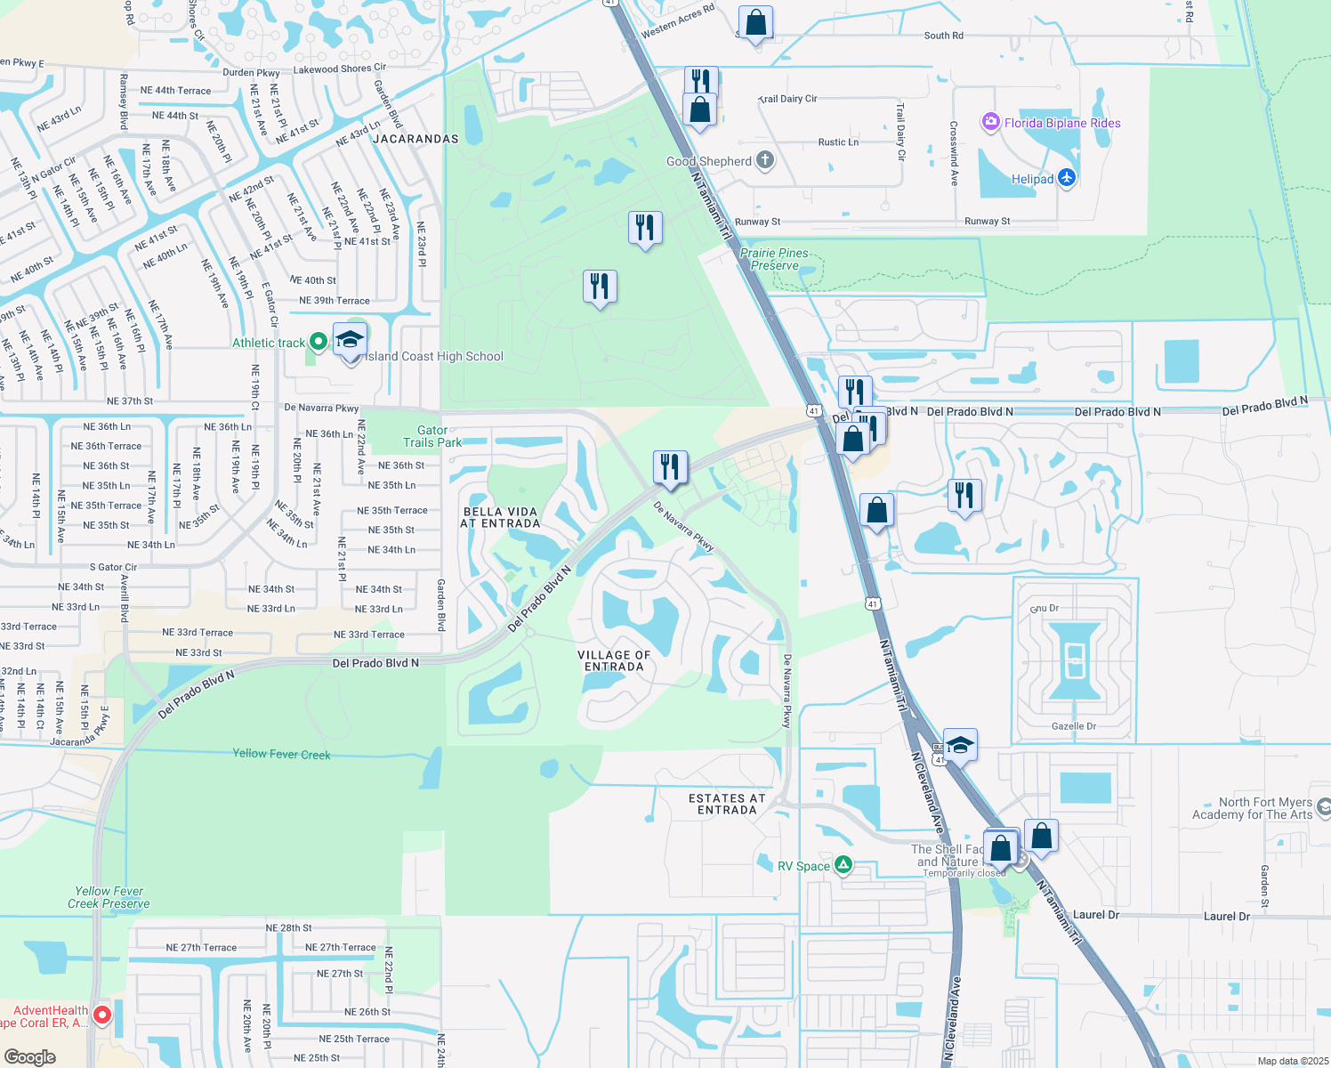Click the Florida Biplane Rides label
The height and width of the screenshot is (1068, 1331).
pyautogui.click(x=1062, y=123)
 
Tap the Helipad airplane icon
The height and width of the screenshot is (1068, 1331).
pyautogui.click(x=1067, y=178)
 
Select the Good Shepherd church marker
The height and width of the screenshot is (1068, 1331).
pyautogui.click(x=765, y=161)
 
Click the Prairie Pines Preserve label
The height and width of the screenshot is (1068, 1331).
pyautogui.click(x=774, y=259)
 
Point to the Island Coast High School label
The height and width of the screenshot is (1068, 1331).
pyautogui.click(x=435, y=356)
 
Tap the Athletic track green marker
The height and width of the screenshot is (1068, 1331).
pyautogui.click(x=318, y=343)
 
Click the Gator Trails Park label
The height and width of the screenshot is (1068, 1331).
pyautogui.click(x=432, y=436)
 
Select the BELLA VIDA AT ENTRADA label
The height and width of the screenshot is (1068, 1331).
pyautogui.click(x=500, y=517)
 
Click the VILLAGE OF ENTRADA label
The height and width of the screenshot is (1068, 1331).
pyautogui.click(x=614, y=660)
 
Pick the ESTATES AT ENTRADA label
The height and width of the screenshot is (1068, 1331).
pyautogui.click(x=727, y=804)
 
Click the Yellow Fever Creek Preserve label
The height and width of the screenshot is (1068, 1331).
pyautogui.click(x=109, y=897)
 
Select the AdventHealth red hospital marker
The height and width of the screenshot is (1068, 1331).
pyautogui.click(x=102, y=1015)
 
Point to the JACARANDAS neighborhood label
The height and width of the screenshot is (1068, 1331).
pyautogui.click(x=415, y=139)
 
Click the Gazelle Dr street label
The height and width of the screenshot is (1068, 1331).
pyautogui.click(x=1074, y=726)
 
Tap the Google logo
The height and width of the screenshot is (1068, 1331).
pyautogui.click(x=29, y=1057)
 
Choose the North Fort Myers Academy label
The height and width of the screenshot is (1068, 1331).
pyautogui.click(x=1253, y=808)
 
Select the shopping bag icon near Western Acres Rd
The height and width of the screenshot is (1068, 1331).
pyautogui.click(x=755, y=23)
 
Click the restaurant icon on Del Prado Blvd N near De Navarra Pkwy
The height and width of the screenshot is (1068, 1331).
pyautogui.click(x=670, y=466)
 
